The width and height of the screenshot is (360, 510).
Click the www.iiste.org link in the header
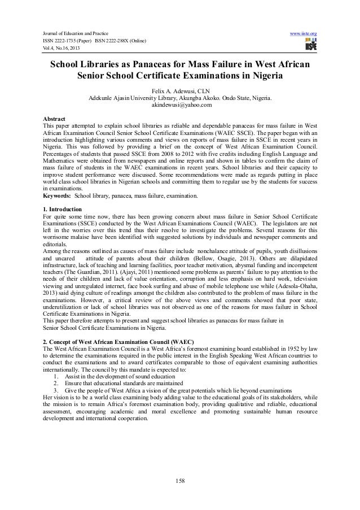(302, 34)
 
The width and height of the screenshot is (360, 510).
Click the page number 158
(180, 481)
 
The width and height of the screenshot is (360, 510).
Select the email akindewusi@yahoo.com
(179, 105)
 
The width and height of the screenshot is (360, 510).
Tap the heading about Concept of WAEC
(118, 342)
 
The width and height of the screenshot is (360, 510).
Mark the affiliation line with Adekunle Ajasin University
(180, 98)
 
